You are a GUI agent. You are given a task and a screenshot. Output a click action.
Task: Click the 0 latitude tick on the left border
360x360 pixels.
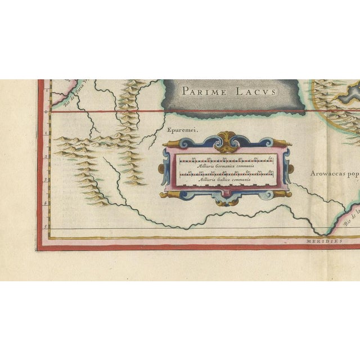tap(47, 111)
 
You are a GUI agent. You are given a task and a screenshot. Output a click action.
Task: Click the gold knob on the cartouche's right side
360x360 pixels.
tap(290, 168)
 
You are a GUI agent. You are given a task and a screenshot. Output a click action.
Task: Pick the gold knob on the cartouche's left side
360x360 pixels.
tap(161, 168)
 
